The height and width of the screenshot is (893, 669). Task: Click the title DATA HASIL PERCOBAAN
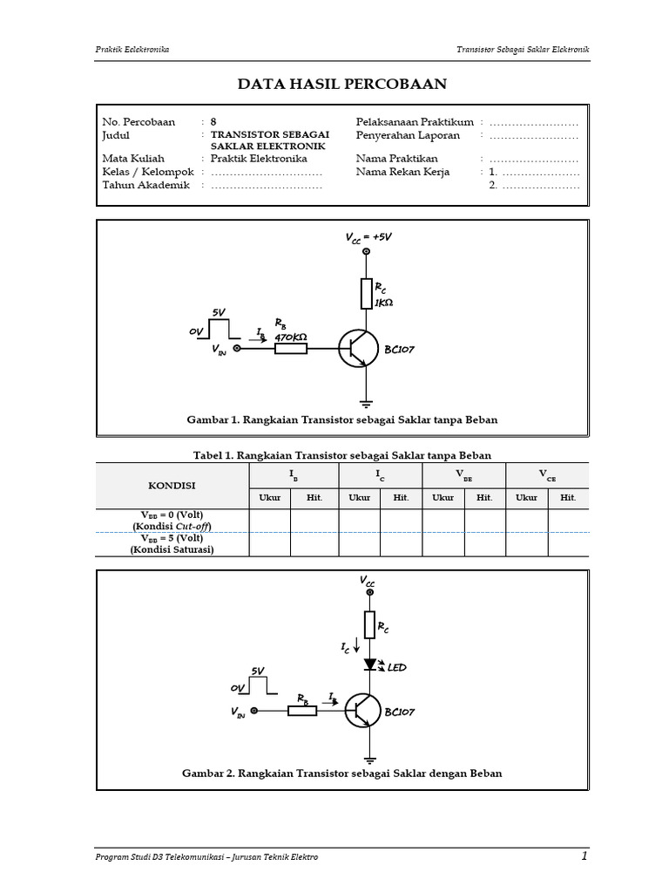point(341,84)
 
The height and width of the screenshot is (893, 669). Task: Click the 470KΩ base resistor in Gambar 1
point(291,348)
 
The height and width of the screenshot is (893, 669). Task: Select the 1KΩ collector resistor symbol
point(367,294)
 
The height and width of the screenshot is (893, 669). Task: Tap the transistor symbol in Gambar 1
point(358,349)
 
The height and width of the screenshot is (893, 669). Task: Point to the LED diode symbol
point(369,664)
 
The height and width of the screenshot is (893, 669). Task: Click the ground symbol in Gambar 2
point(369,760)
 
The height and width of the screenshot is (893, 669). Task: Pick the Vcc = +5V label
point(368,237)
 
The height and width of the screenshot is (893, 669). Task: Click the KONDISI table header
point(172,486)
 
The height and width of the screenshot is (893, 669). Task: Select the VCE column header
point(547,475)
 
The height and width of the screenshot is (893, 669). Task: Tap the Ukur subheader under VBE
point(443,498)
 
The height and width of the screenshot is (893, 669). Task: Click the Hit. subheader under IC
point(401,498)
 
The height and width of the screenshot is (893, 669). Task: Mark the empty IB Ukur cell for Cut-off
point(270,521)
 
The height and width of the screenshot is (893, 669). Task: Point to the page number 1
point(585,856)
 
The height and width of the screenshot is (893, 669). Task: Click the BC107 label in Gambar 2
point(399,712)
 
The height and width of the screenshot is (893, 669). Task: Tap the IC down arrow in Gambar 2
point(356,645)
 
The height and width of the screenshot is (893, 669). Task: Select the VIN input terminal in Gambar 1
point(237,348)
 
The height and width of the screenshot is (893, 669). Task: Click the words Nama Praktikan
point(397,159)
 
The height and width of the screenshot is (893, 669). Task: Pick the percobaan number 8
point(213,122)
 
